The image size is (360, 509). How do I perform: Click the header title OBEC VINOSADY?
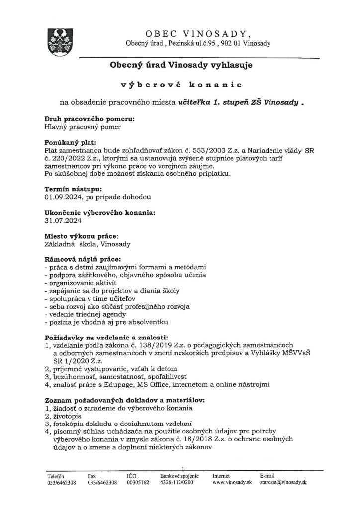tap(198, 33)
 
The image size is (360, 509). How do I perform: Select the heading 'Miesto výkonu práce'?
tap(82, 236)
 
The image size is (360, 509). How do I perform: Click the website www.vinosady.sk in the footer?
tap(232, 482)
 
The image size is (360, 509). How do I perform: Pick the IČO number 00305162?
tap(138, 482)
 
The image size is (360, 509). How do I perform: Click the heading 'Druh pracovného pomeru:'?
tap(90, 119)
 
